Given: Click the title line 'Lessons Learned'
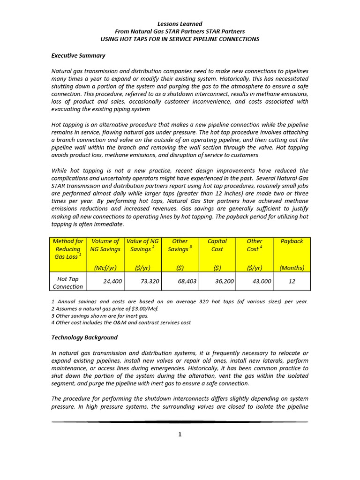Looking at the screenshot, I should click(180, 24).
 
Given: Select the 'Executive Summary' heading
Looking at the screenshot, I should click(78, 55).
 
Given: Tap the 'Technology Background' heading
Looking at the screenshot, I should click(84, 337).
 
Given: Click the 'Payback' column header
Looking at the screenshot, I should click(292, 241).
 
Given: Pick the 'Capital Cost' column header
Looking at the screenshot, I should click(217, 245).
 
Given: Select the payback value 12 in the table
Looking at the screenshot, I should click(292, 282).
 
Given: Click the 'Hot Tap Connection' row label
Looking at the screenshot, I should click(67, 282).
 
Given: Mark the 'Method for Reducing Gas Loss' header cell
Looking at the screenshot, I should click(67, 249).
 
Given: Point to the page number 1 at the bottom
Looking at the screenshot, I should click(180, 435).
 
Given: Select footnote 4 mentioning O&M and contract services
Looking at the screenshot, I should click(120, 323).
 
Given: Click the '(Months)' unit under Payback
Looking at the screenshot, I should click(292, 268).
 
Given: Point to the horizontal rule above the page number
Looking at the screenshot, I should click(180, 422).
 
